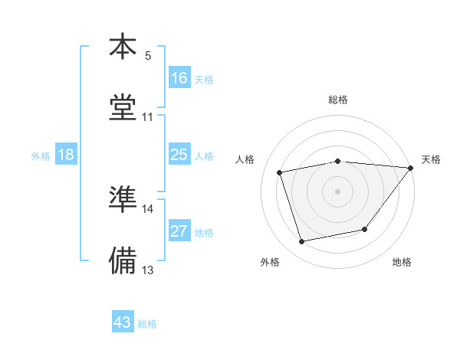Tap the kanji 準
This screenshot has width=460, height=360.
point(123,199)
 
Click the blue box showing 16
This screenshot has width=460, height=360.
point(179,78)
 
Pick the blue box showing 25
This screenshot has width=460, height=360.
point(179,155)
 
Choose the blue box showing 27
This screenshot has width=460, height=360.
point(179,232)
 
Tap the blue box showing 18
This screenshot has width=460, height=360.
point(66,155)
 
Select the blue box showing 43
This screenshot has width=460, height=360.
point(123,322)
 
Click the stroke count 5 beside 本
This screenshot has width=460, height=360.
point(148,55)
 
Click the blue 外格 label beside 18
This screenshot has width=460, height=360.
point(41,156)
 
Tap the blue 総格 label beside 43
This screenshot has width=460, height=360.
point(148,324)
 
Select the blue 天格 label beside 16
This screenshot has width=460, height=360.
point(204,80)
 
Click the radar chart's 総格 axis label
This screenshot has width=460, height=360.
point(338,100)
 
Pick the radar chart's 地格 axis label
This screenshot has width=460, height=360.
point(402,263)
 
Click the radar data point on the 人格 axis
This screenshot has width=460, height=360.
point(280,172)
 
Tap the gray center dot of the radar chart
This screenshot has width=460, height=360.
point(338,191)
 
